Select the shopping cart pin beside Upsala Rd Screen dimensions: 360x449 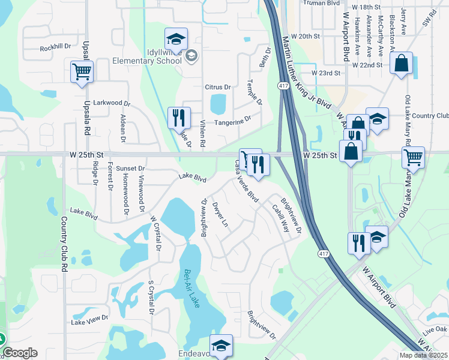[x=82, y=73]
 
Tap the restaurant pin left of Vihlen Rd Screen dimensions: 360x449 [x=178, y=118]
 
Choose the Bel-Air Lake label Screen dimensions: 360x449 [x=191, y=288]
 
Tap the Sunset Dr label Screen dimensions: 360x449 [x=130, y=169]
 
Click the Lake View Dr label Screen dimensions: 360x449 [x=89, y=322]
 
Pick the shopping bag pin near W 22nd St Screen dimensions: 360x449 [x=401, y=64]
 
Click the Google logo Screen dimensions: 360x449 [x=20, y=353]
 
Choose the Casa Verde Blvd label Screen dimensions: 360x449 [x=246, y=181]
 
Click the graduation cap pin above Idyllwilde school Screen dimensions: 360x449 [x=176, y=39]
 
